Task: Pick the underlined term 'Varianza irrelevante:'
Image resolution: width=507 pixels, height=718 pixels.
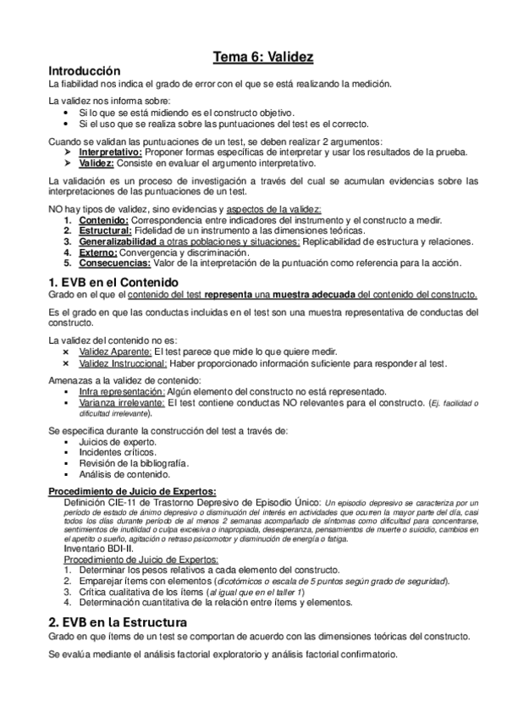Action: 122,403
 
